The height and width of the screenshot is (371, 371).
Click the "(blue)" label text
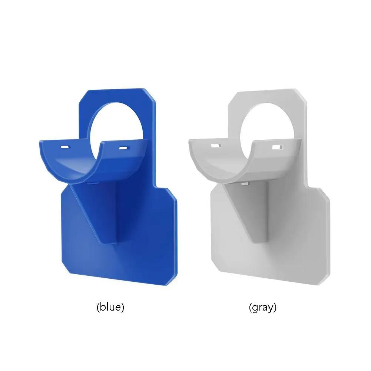click(x=110, y=307)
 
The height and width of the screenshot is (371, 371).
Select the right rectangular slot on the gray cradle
click(x=275, y=147)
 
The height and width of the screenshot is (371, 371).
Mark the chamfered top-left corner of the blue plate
click(x=83, y=97)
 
